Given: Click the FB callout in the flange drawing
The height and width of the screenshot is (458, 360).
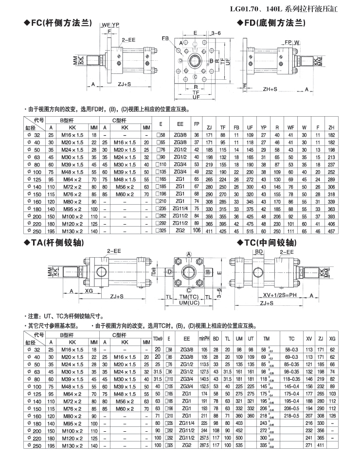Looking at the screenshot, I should pos(165,38).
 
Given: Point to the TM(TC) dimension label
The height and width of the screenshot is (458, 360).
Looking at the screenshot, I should pos(187,296).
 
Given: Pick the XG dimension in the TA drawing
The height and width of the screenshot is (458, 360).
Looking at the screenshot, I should pos(89,290).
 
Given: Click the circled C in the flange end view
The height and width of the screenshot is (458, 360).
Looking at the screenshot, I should pos(195,77).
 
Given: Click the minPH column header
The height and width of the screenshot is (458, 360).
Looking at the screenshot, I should pos(204,338).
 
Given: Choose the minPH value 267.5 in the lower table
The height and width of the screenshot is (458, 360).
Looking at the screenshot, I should pos(204,445).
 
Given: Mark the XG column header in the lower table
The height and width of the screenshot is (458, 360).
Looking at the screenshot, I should pos(332,338).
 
